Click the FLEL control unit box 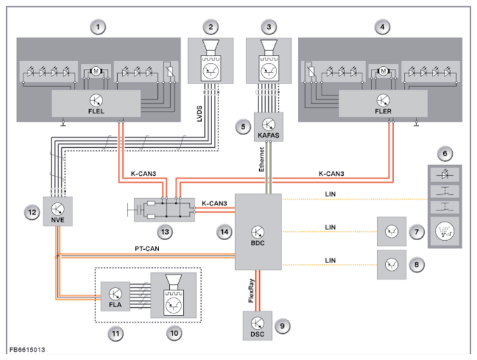tap(96, 103)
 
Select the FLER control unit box tap(383, 103)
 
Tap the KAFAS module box tap(269, 127)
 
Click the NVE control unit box tap(58, 211)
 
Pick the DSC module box tap(257, 326)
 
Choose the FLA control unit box tap(115, 296)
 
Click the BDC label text tap(258, 243)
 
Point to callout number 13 tap(165, 232)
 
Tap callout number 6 tap(445, 154)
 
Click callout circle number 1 tap(98, 27)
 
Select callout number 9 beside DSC tap(282, 326)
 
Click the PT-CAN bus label tap(147, 248)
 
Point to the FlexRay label tap(251, 291)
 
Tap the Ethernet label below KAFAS tap(262, 159)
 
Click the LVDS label tap(199, 114)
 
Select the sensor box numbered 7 tap(392, 231)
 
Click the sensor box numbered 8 tap(392, 265)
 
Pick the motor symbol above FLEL tap(96, 71)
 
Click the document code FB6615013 tap(27, 350)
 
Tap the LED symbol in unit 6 tap(445, 175)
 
